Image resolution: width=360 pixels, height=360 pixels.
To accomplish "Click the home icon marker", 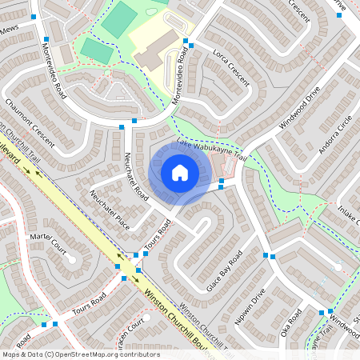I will point(180,172).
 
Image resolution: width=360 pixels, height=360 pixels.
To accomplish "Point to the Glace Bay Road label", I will point(224,272).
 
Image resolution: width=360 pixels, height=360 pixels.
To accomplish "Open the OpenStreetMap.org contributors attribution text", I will point(104,354).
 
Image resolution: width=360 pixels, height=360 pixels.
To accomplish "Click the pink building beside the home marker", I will point(226,166).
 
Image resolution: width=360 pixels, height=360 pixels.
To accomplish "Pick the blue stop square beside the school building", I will point(186,42).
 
